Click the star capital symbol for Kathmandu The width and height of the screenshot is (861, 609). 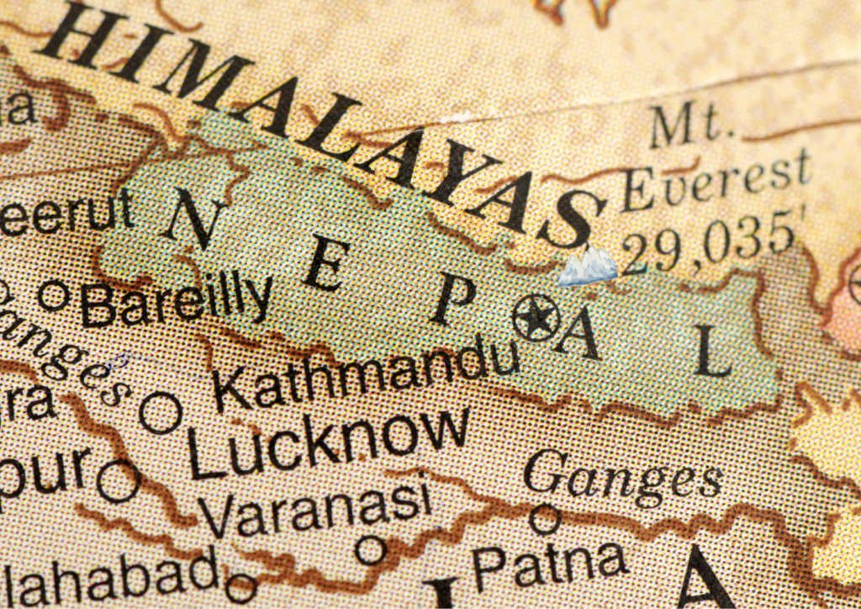point(536,318)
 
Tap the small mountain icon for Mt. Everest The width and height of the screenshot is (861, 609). point(589,267)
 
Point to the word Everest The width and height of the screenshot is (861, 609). point(716,182)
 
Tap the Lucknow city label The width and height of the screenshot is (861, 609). point(328,442)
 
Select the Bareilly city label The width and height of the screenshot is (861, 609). point(177,301)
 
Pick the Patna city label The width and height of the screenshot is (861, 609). point(550,565)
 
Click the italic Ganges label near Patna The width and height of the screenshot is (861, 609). point(623,478)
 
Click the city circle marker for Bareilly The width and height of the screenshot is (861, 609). point(55,295)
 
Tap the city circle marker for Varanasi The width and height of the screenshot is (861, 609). point(369,550)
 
